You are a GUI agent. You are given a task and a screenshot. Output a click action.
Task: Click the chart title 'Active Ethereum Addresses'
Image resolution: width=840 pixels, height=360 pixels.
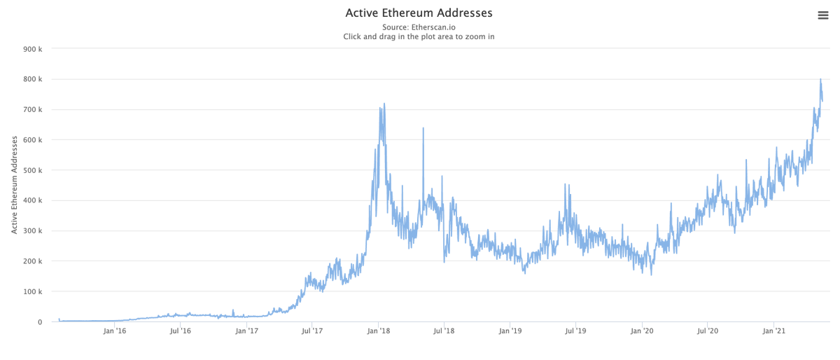tap(419, 13)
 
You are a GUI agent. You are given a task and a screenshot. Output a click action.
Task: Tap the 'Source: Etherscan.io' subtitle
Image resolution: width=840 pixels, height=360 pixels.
tap(419, 27)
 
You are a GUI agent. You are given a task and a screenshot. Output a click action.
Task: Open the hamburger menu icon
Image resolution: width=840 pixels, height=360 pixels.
tap(823, 15)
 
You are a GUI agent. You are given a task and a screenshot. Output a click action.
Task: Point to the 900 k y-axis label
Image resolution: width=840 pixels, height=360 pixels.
tap(33, 49)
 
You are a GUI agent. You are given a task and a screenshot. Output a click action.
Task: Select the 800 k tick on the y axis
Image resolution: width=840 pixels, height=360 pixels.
tap(33, 79)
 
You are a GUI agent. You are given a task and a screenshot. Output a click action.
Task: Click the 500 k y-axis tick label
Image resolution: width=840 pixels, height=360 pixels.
tap(33, 170)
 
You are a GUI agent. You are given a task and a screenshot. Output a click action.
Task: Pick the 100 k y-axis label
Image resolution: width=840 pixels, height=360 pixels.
tap(33, 291)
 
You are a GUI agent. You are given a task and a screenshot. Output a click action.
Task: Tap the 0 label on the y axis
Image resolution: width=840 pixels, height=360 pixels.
tap(40, 322)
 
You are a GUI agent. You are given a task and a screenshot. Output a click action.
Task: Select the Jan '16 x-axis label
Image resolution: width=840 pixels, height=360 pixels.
tap(115, 331)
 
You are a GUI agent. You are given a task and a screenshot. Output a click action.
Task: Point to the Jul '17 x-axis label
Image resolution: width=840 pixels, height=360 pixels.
tap(312, 331)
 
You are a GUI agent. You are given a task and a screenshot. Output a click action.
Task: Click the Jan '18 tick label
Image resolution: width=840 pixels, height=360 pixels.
tap(379, 331)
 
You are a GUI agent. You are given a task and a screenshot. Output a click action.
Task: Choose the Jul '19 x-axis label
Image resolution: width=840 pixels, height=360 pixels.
tap(575, 331)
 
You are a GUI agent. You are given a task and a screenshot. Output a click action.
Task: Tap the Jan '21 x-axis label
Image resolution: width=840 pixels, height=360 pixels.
tap(773, 331)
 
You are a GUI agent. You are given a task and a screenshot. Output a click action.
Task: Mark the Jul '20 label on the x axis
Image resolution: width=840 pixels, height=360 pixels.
tap(708, 331)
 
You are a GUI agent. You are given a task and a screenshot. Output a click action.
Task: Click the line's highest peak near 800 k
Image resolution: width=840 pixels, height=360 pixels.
tap(820, 80)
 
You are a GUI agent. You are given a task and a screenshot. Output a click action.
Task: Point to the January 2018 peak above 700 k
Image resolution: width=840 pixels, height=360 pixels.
tap(384, 104)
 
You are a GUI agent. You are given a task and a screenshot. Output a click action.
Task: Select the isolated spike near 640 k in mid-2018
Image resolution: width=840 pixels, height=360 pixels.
tap(423, 128)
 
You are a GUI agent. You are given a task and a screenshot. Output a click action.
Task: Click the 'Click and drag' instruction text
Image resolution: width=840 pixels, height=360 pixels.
tap(419, 36)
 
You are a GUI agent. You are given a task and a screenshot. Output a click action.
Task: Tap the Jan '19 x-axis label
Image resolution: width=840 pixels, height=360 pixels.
tap(510, 331)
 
